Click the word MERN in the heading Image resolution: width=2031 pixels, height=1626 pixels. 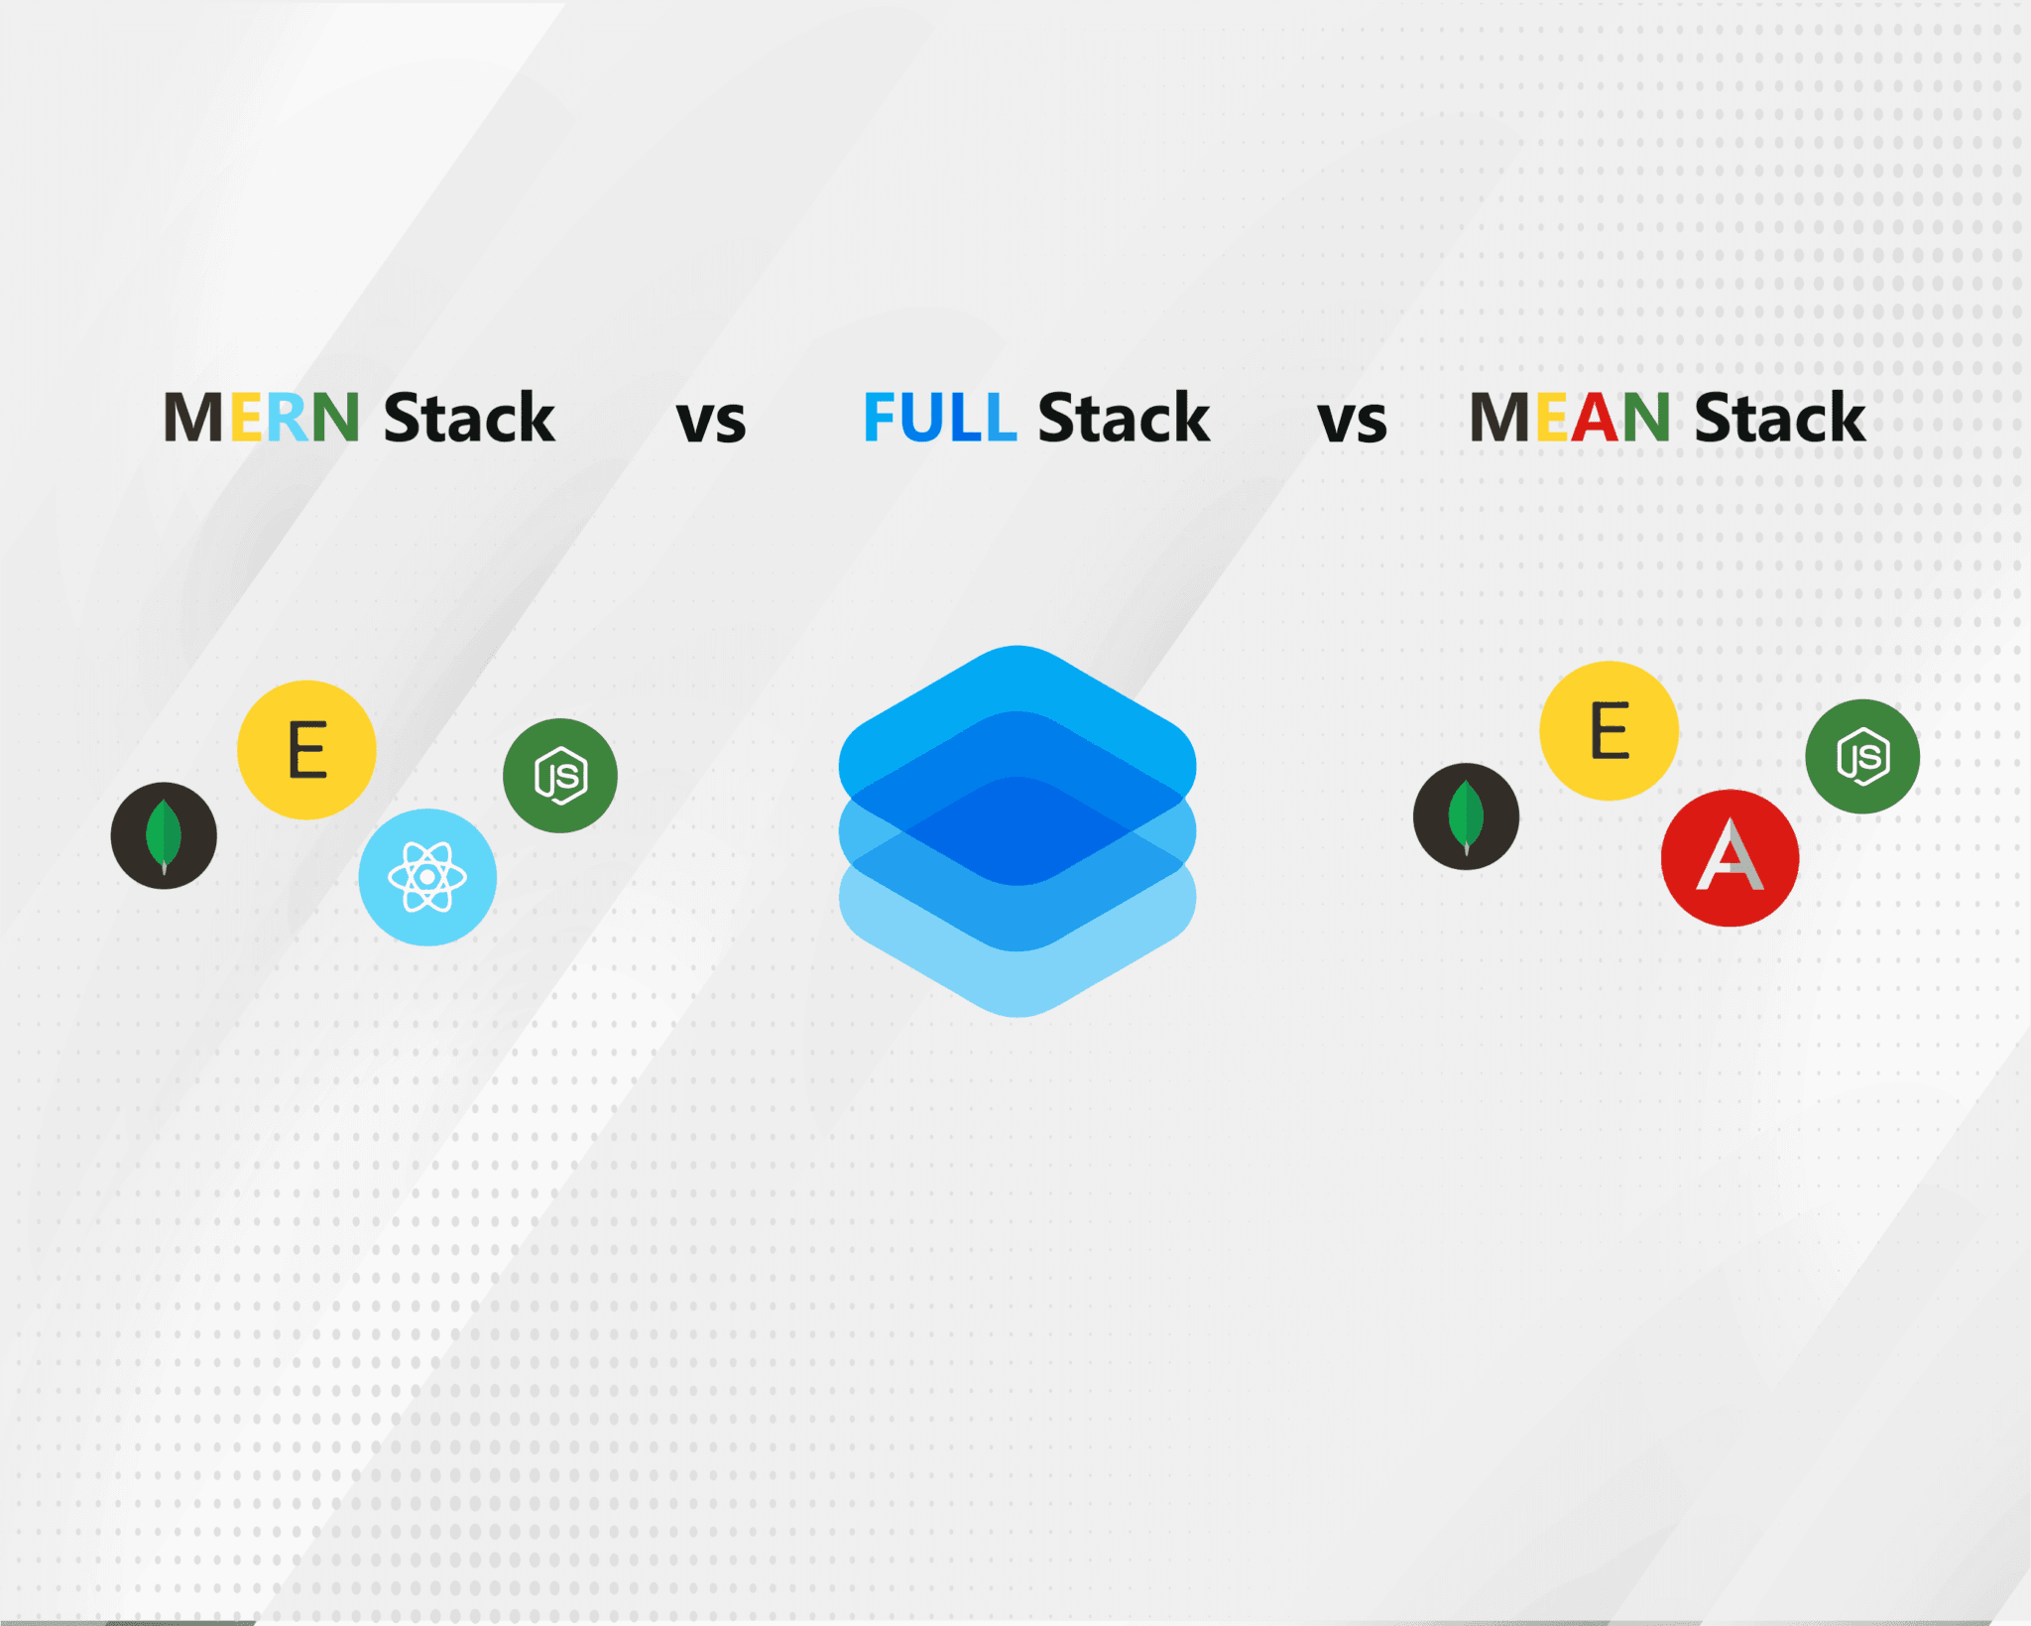[261, 418]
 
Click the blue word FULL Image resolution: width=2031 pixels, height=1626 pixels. [939, 418]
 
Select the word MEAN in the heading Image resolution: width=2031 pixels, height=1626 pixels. [1570, 418]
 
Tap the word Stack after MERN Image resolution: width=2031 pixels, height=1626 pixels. [468, 418]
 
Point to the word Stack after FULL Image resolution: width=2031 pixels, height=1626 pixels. [1124, 418]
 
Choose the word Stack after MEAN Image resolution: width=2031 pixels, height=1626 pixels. [1780, 418]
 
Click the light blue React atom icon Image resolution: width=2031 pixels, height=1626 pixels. [427, 877]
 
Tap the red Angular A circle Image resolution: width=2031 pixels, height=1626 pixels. [1730, 858]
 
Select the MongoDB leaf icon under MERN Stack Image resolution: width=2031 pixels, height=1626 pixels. [164, 835]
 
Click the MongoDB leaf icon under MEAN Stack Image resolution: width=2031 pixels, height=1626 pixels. [1466, 816]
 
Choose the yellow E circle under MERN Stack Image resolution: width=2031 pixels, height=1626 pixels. [306, 750]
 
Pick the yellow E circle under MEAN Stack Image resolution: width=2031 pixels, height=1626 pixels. [1609, 731]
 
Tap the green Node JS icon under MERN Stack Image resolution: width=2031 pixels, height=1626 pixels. [560, 776]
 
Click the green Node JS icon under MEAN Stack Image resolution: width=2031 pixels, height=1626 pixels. [1862, 757]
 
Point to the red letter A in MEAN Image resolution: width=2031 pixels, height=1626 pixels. [1595, 418]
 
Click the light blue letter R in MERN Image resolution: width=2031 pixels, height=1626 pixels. [288, 418]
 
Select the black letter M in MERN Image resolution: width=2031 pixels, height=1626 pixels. [193, 418]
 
